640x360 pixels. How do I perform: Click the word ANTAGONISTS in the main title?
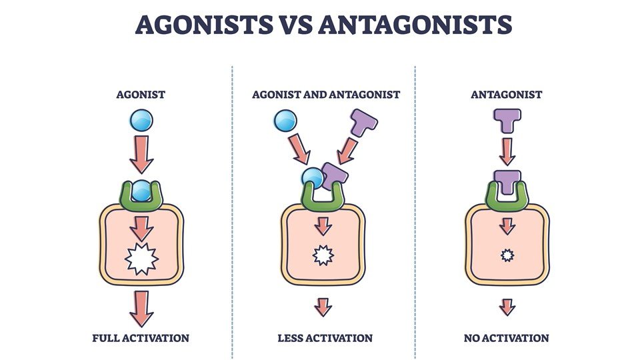(415, 25)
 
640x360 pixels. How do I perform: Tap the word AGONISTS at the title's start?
(204, 25)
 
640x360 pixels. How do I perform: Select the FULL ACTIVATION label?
(141, 338)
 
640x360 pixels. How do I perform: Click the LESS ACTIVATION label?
(325, 338)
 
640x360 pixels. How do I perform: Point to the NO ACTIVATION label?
(506, 338)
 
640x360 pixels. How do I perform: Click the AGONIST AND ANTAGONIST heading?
(326, 95)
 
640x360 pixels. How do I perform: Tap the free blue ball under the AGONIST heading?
(141, 121)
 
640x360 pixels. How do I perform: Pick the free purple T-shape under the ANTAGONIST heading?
(507, 120)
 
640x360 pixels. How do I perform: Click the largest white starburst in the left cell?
(141, 259)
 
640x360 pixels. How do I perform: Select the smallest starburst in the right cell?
(507, 255)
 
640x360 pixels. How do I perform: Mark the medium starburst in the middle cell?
(323, 255)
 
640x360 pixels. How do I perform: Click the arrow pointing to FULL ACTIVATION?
(141, 309)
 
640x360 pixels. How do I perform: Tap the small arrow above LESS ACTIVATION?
(323, 307)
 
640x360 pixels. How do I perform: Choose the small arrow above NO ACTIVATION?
(507, 307)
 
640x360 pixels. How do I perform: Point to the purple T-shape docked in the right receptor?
(507, 182)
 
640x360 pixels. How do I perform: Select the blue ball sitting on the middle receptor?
(313, 178)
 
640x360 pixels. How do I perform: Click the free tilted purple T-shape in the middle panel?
(363, 123)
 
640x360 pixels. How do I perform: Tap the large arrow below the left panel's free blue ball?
(141, 154)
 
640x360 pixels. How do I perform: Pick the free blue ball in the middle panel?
(285, 121)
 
